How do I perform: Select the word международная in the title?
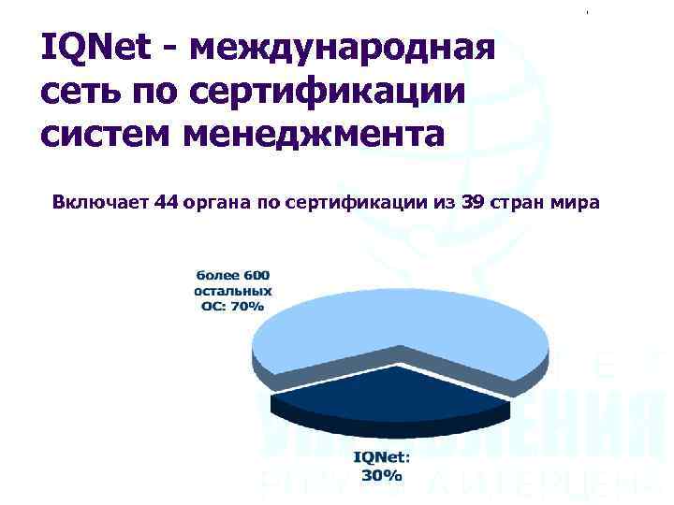click(342, 48)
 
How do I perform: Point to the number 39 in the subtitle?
click(474, 202)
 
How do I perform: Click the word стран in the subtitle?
click(520, 202)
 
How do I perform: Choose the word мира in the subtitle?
click(574, 202)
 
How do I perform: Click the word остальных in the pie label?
click(232, 290)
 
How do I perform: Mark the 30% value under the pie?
click(381, 475)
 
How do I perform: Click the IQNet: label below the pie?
click(381, 458)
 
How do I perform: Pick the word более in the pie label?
click(214, 275)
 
